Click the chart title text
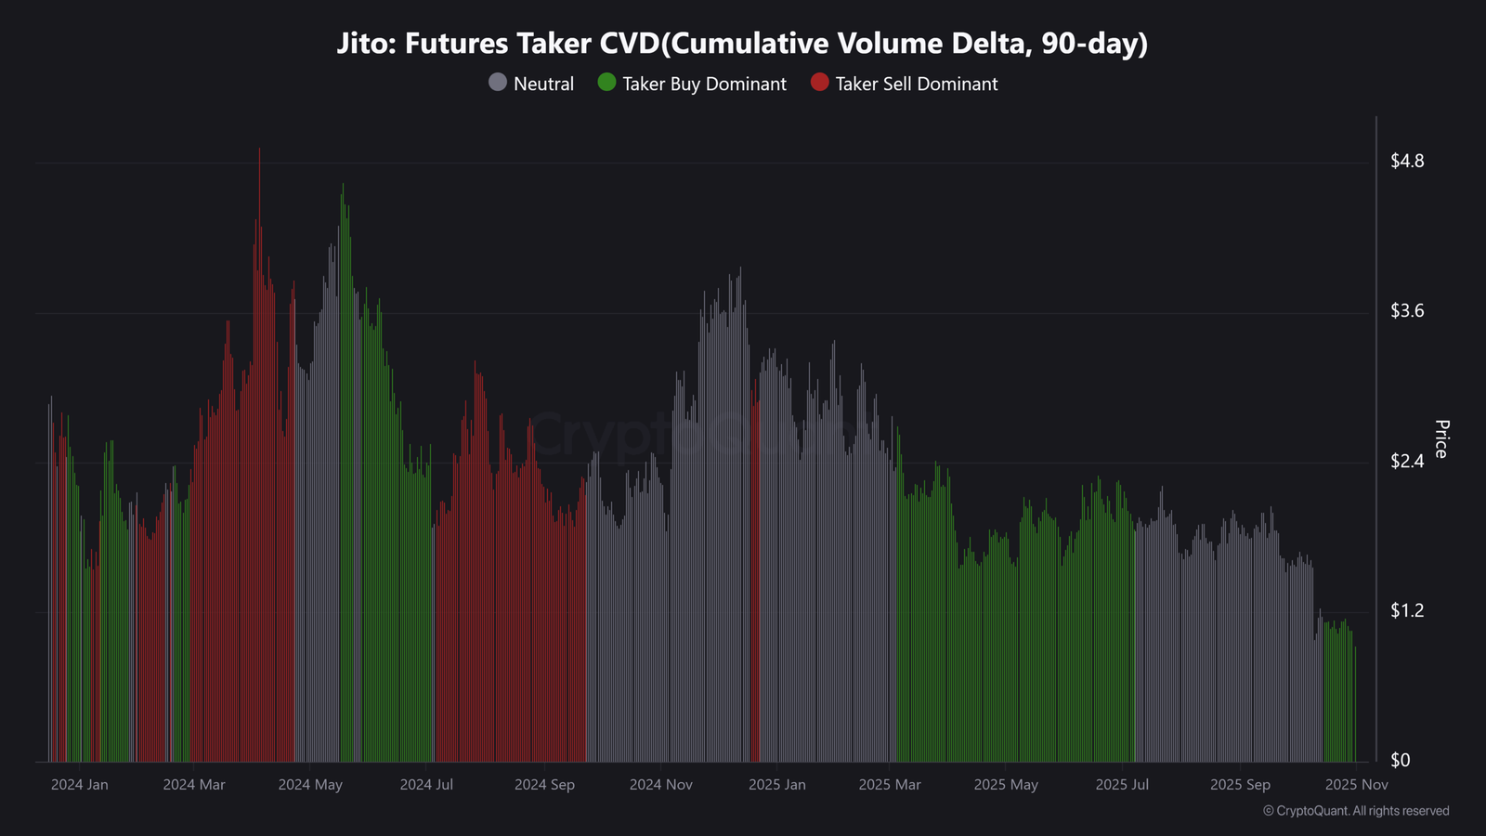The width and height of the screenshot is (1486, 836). (x=742, y=43)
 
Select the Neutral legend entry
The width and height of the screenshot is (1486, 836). (x=530, y=84)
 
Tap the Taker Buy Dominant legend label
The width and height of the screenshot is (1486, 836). (x=704, y=84)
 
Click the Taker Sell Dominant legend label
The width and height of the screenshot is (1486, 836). (x=916, y=84)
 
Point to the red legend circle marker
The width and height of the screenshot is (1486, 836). (x=820, y=83)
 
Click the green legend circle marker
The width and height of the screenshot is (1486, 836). (x=607, y=83)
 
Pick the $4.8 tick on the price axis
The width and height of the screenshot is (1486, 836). (x=1407, y=161)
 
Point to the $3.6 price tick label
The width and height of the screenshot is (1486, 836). (x=1407, y=310)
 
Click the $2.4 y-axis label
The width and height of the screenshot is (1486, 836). (x=1407, y=461)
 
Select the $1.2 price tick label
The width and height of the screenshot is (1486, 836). (x=1407, y=610)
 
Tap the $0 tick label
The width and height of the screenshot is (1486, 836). (x=1400, y=761)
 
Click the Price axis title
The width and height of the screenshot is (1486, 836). (x=1441, y=439)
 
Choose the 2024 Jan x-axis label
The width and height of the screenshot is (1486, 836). (x=80, y=784)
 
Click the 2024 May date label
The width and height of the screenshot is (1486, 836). (x=310, y=784)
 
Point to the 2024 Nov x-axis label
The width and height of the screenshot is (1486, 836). (x=660, y=784)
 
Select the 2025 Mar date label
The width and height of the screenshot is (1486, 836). (x=890, y=784)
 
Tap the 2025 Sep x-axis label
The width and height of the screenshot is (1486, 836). (x=1240, y=784)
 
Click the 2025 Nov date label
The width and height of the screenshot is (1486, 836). (x=1357, y=784)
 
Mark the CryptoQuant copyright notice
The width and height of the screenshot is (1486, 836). (x=1356, y=811)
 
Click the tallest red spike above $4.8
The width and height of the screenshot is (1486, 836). (x=259, y=155)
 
